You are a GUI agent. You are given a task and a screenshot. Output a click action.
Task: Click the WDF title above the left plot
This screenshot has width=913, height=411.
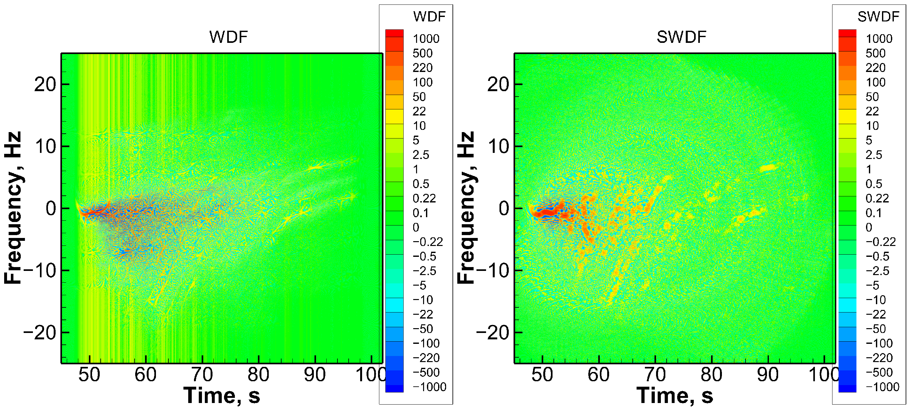(228, 37)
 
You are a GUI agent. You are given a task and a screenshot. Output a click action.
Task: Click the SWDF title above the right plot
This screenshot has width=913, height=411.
(681, 37)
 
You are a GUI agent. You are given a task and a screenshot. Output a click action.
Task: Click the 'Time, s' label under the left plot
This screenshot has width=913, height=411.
(221, 395)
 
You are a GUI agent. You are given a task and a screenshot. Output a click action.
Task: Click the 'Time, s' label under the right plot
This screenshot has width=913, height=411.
(675, 395)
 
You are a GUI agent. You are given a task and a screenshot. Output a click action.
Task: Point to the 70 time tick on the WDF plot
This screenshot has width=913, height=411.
(202, 375)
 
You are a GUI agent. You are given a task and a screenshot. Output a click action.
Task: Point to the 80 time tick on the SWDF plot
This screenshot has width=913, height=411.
(711, 375)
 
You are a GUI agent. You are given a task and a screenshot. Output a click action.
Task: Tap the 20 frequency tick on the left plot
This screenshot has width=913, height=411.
(45, 84)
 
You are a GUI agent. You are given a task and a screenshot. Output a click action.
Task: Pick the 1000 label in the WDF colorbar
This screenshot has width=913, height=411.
(426, 39)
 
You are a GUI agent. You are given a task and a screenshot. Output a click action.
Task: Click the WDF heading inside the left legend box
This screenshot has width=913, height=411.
(429, 17)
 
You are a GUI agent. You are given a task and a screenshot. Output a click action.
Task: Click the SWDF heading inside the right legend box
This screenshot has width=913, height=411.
(878, 17)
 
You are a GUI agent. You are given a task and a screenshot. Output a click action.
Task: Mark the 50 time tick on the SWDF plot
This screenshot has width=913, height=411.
(542, 375)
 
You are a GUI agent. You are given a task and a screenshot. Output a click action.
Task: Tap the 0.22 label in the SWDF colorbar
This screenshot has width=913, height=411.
(877, 198)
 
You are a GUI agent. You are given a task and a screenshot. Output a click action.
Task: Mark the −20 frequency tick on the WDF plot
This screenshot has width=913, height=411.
(40, 333)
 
